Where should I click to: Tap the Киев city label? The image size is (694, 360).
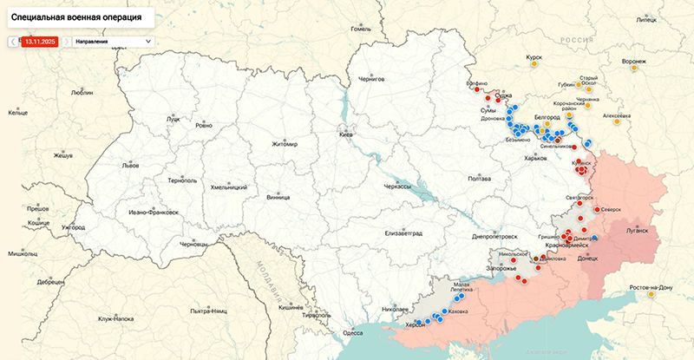[x=346, y=136]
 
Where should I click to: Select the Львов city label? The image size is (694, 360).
[x=130, y=164]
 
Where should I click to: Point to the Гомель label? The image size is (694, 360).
[x=360, y=29]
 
